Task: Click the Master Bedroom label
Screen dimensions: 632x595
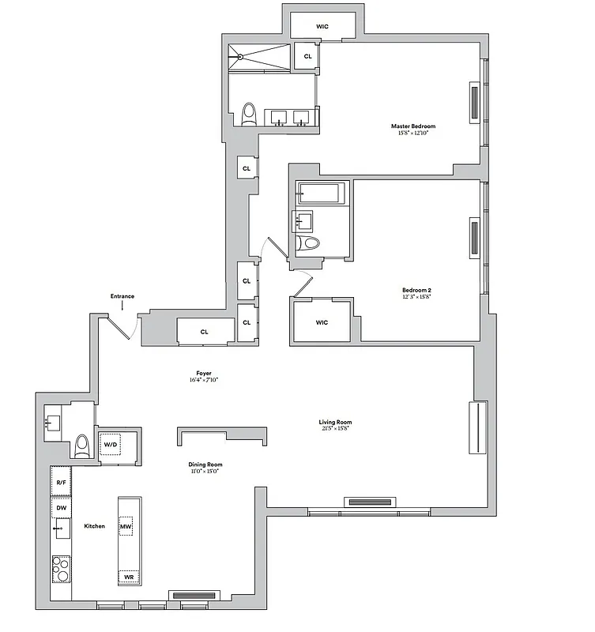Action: (412, 126)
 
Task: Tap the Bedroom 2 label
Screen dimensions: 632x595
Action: (416, 290)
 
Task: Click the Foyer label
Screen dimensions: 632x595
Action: (204, 373)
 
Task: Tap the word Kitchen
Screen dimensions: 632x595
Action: (94, 526)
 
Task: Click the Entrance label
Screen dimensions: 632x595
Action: (122, 296)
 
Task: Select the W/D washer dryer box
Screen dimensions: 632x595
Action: (111, 446)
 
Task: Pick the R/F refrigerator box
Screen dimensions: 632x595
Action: (61, 480)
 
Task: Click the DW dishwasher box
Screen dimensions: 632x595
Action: (61, 507)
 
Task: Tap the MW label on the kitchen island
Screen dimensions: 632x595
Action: (126, 526)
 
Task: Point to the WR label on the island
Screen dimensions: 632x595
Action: (129, 578)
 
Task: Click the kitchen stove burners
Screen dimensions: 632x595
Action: (61, 567)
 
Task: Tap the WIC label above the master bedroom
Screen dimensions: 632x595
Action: (322, 27)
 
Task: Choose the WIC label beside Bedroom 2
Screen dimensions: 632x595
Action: (322, 322)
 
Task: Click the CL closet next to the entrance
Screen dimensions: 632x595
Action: (205, 332)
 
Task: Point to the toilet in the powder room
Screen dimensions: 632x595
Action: (82, 447)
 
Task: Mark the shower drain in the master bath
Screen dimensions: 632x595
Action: (239, 56)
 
